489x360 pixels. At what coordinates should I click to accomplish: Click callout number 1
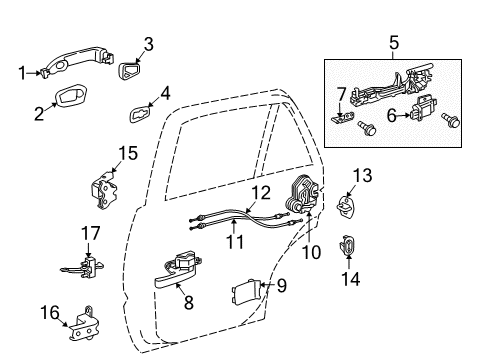(x=22, y=72)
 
